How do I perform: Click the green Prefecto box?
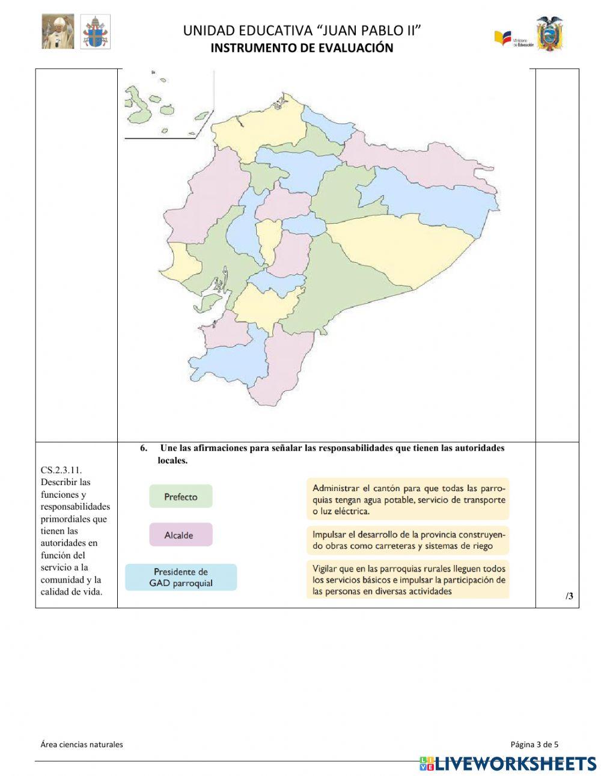click(180, 496)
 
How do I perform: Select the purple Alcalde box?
click(180, 534)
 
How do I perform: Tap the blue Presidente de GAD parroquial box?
click(180, 577)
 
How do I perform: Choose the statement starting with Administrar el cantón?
click(407, 499)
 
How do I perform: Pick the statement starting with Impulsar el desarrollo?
click(407, 540)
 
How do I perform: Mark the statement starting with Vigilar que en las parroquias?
click(407, 579)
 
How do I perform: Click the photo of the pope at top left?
click(58, 32)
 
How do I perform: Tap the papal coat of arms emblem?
click(96, 32)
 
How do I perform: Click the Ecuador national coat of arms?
click(549, 34)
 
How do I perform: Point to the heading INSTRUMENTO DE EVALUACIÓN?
click(302, 48)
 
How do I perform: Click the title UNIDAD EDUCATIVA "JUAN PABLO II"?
click(302, 31)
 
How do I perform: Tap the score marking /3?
click(569, 596)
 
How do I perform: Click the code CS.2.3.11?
click(61, 470)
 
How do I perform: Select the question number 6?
click(144, 448)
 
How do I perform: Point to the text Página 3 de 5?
click(534, 744)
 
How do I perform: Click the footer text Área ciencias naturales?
click(82, 744)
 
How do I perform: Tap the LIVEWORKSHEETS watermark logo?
click(508, 763)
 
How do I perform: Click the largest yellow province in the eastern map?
click(403, 249)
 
